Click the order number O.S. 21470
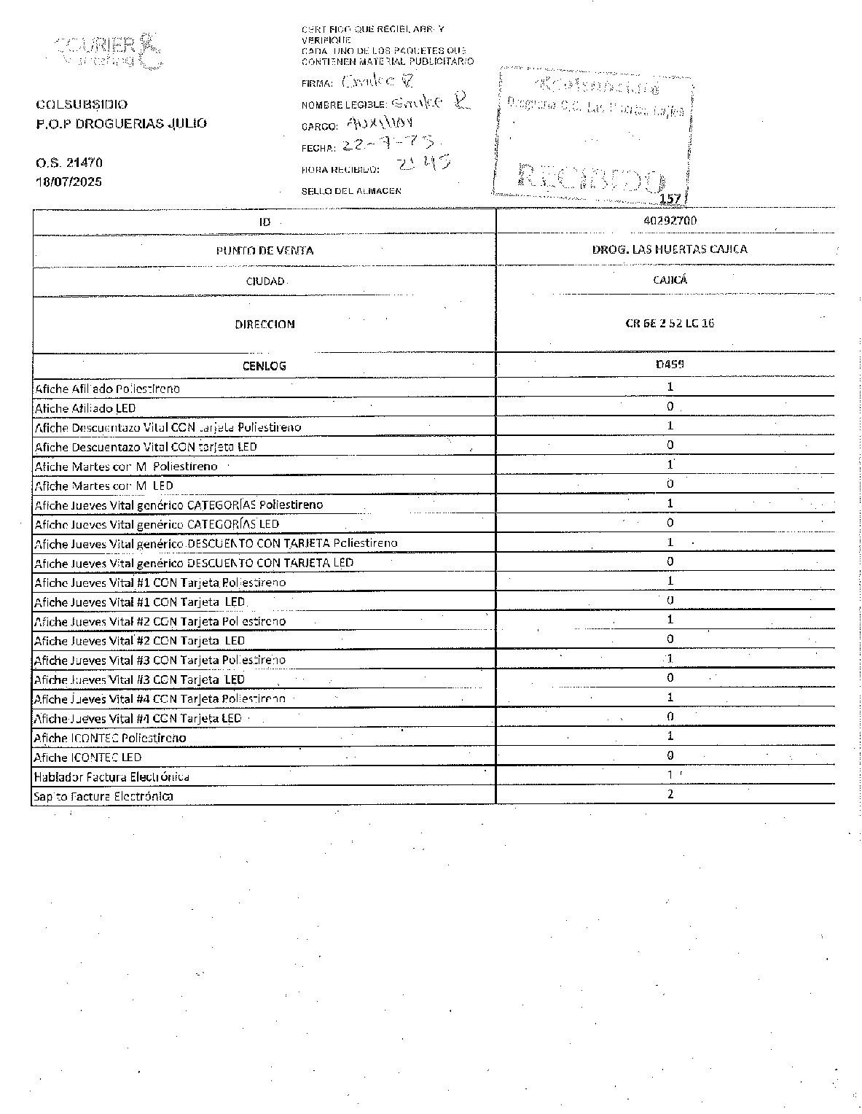(x=69, y=163)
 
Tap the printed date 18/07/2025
(x=69, y=182)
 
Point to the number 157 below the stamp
(x=669, y=199)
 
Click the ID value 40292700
(x=670, y=220)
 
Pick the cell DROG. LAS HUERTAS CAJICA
(x=670, y=249)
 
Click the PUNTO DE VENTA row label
(x=265, y=251)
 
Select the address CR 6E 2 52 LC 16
(x=670, y=323)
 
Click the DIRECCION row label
(x=265, y=324)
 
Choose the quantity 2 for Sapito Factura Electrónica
(x=670, y=794)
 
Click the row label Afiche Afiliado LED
(x=85, y=408)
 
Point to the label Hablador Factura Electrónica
(x=111, y=777)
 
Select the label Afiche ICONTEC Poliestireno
(x=110, y=738)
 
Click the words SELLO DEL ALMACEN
(x=351, y=191)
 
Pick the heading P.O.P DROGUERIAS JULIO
(x=121, y=123)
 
